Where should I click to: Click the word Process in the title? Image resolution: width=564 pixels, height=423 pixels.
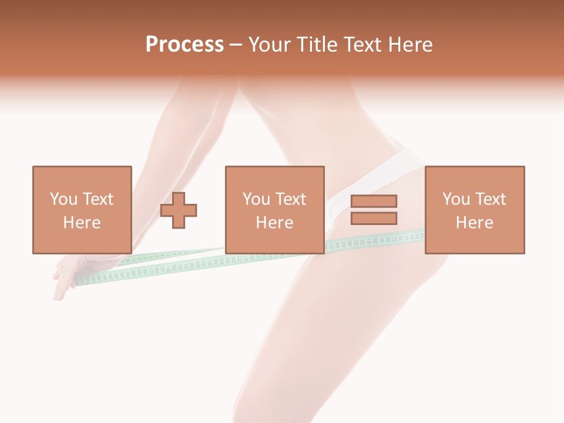184,45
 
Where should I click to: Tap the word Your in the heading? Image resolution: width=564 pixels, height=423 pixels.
269,45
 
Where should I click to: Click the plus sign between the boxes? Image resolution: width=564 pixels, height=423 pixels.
179,210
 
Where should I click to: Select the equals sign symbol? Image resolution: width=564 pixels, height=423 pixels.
374,210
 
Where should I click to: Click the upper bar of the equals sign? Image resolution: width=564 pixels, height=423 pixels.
374,202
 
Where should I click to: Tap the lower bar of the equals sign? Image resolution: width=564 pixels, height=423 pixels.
374,218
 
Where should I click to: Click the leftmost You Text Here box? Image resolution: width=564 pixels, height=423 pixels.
82,210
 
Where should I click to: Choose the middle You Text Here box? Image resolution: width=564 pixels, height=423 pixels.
274,210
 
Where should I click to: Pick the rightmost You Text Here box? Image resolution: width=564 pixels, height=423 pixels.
474,210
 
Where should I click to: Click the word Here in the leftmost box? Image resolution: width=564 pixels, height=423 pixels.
82,223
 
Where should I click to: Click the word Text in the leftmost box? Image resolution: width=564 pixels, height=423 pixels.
98,199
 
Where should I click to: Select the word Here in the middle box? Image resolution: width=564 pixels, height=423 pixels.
274,223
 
